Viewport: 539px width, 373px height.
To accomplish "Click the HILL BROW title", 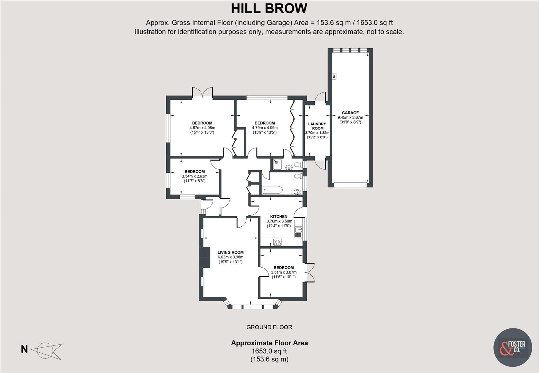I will [x=269, y=8].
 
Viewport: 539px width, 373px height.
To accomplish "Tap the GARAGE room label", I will [x=350, y=113].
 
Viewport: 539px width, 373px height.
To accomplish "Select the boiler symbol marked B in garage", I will [x=334, y=76].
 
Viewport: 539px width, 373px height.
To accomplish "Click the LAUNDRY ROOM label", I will [x=317, y=126].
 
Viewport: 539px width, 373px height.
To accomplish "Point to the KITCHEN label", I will [x=278, y=217].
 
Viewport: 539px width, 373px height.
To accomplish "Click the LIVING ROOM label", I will [x=230, y=252].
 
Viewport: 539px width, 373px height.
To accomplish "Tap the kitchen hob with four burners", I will [x=277, y=242].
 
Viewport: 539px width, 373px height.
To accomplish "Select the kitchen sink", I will [x=298, y=232].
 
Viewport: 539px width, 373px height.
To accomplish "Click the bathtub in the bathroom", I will [x=273, y=190].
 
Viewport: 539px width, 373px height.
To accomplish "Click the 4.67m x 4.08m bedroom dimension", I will [x=202, y=128].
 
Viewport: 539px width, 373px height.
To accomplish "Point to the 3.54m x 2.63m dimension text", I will [x=195, y=176].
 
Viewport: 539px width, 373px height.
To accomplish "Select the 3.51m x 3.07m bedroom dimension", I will [x=284, y=272].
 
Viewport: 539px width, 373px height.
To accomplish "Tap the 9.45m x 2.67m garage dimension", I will [x=350, y=117].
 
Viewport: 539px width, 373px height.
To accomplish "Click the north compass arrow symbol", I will [x=47, y=349].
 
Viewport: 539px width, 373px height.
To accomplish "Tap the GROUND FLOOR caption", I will [x=269, y=327].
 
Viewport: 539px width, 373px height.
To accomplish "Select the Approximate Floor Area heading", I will [x=269, y=343].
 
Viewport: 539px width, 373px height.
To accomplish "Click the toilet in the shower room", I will [x=297, y=165].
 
